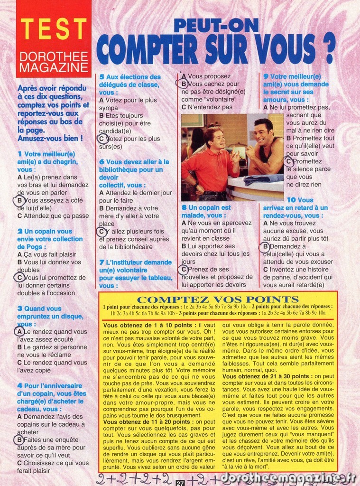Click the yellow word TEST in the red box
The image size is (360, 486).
click(x=54, y=29)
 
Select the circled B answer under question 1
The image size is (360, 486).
click(x=19, y=201)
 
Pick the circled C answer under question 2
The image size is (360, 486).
click(x=19, y=278)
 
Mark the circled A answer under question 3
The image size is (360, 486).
click(x=19, y=332)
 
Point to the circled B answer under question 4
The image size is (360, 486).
click(x=19, y=440)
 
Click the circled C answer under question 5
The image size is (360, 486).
click(x=102, y=139)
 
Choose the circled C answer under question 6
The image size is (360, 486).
click(x=102, y=232)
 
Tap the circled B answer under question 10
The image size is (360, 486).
click(x=266, y=246)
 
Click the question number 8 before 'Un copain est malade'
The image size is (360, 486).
click(x=184, y=207)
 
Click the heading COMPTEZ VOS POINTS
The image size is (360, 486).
click(x=218, y=299)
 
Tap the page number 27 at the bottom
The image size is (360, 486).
click(x=180, y=483)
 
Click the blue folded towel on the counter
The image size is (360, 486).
click(x=263, y=179)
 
